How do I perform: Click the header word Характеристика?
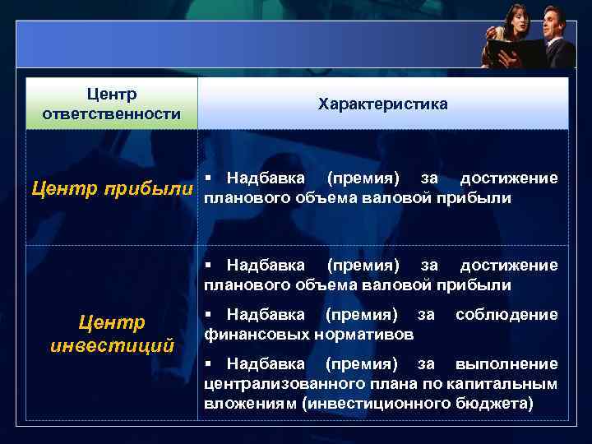coord(382,104)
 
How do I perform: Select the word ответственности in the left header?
coord(112,113)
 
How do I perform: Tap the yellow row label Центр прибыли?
coord(113,188)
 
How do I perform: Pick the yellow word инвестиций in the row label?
coord(112,345)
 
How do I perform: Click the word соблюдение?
coord(506,315)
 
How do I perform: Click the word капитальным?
coord(510,384)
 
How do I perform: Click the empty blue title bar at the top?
coord(247,44)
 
